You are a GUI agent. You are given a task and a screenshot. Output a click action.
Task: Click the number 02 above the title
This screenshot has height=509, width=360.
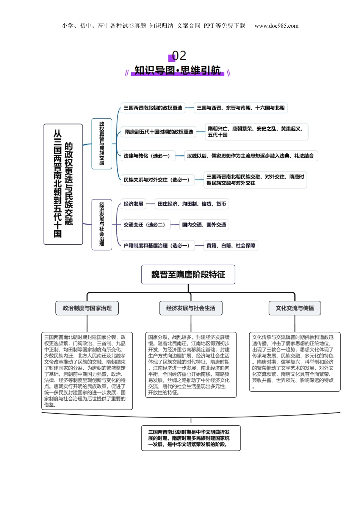tap(179, 56)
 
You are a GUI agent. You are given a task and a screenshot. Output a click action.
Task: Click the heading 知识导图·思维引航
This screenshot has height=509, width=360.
tap(177, 70)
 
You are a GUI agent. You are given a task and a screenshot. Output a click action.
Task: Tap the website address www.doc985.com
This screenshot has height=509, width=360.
tap(276, 26)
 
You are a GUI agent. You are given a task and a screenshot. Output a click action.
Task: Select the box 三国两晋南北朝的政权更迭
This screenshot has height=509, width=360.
tap(153, 108)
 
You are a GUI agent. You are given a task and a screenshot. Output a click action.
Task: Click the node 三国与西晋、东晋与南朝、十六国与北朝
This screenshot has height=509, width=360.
tap(240, 108)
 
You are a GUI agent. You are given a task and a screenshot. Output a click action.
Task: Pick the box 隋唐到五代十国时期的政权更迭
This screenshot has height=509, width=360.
tap(159, 132)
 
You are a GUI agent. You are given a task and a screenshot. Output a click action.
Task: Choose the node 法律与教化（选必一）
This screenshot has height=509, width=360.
tap(148, 156)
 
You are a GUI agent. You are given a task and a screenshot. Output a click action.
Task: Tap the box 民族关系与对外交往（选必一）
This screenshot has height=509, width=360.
tap(158, 180)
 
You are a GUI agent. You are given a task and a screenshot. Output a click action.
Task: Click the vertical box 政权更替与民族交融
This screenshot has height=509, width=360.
tap(102, 144)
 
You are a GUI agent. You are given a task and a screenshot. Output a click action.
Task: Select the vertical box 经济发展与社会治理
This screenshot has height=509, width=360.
tap(102, 225)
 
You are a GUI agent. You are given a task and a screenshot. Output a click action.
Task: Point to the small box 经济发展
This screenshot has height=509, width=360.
tap(133, 204)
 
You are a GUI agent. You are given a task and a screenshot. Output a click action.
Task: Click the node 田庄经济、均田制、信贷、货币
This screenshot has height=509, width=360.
tap(192, 204)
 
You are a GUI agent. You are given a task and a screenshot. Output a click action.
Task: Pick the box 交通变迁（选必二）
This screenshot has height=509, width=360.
tap(146, 225)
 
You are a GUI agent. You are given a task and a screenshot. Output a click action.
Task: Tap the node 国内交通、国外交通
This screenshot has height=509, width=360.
tap(204, 225)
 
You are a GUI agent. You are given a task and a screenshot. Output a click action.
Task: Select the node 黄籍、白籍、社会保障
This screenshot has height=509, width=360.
tap(231, 246)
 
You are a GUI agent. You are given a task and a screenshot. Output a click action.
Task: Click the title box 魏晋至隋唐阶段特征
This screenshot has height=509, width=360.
tap(188, 275)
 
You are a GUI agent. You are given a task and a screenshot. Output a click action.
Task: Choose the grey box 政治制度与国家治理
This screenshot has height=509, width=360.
tap(87, 308)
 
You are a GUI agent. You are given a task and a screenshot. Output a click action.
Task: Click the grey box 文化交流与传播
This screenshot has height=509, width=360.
tap(295, 308)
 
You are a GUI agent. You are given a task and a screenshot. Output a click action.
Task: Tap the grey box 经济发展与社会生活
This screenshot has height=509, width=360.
tap(191, 308)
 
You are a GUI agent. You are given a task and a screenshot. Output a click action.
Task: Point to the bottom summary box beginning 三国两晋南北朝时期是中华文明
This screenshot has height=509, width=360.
tap(191, 438)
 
